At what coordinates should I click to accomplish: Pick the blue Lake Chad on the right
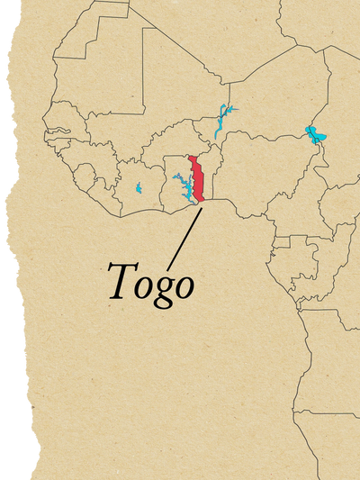pos(315,137)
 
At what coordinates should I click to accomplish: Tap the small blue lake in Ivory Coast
pos(139,189)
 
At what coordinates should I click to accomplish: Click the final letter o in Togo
pos(184,286)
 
